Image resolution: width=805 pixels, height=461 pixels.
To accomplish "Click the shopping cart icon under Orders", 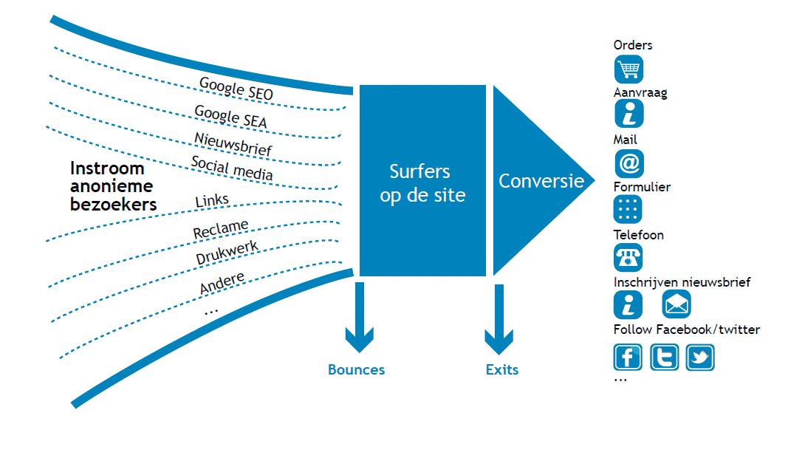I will [x=628, y=69].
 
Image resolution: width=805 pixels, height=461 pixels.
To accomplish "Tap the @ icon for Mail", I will [x=628, y=163].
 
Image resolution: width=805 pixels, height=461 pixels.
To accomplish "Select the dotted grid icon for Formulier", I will [x=628, y=211].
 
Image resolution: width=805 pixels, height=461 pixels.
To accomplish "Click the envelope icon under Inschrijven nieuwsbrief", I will [x=676, y=304].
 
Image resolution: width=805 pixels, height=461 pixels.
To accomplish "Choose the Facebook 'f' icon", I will [x=628, y=358].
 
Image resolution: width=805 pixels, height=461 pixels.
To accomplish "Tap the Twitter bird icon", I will [x=699, y=358].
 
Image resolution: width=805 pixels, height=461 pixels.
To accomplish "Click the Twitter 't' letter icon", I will [x=664, y=358].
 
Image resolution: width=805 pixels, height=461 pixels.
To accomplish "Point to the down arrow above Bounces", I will [x=360, y=318].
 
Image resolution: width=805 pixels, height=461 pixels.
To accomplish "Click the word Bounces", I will [x=356, y=369].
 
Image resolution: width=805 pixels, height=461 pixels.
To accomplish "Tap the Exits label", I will [x=502, y=369].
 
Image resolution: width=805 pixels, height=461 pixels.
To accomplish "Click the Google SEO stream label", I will [x=236, y=89].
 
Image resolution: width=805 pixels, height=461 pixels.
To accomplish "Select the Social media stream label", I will [x=232, y=168].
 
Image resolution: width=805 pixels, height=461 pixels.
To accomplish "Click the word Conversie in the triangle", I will [x=541, y=181].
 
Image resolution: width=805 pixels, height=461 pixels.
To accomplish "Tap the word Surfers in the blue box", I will [x=420, y=171].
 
